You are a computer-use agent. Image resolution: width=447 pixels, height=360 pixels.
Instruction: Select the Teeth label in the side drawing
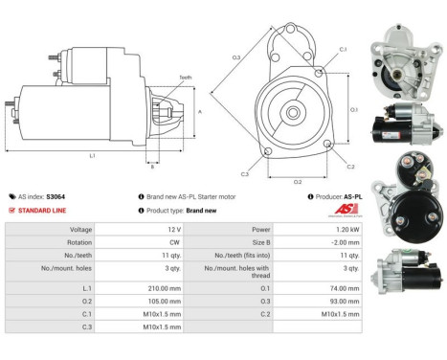185,78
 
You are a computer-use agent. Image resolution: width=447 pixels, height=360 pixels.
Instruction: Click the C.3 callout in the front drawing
244,174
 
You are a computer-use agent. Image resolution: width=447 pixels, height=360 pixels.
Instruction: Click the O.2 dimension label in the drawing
298,180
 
